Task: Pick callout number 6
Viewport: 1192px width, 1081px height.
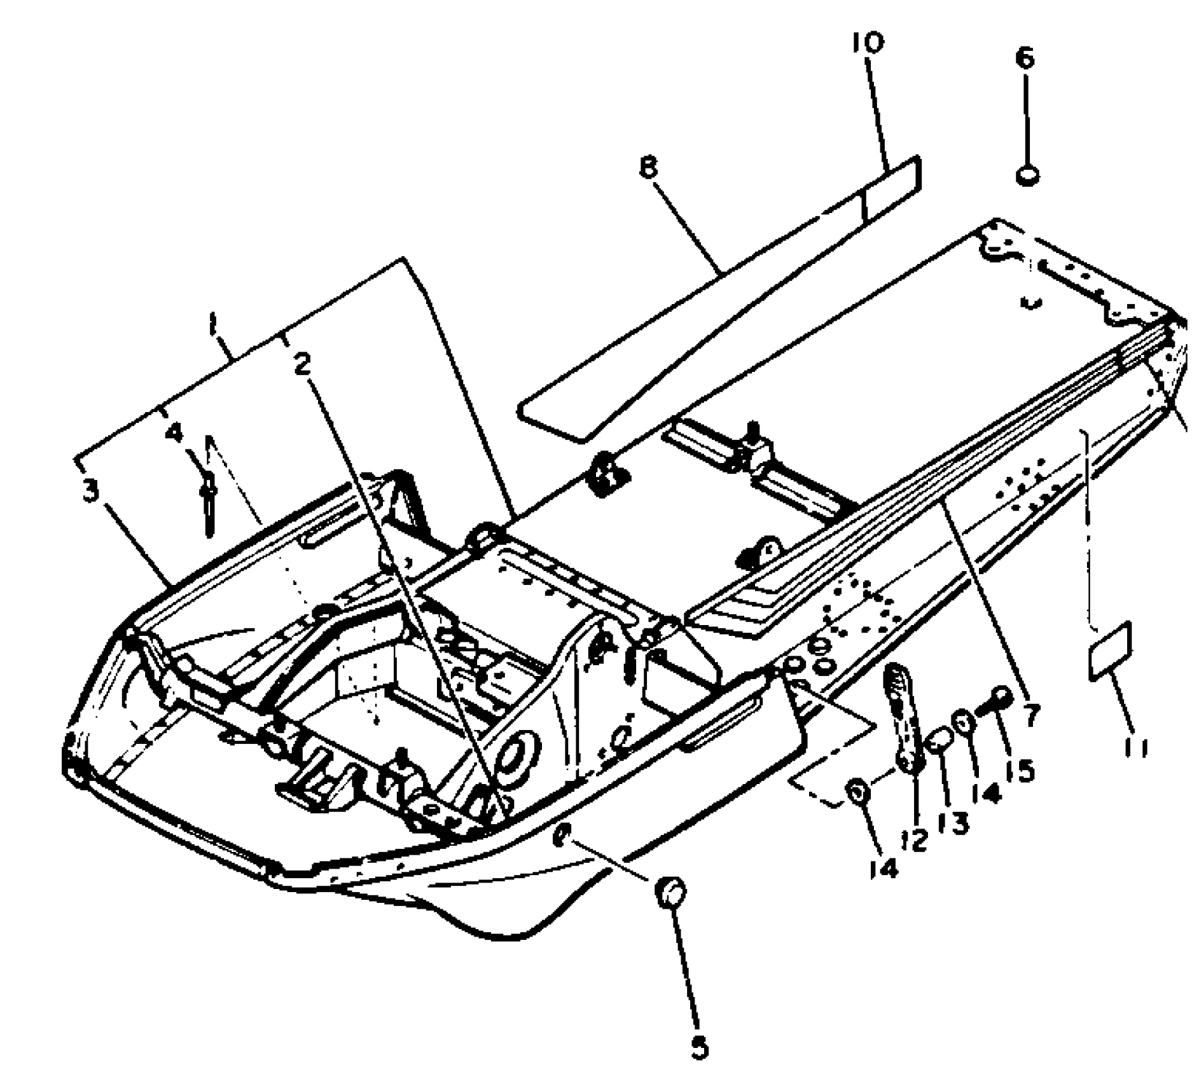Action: tap(1024, 58)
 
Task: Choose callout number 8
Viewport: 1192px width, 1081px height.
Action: tap(648, 169)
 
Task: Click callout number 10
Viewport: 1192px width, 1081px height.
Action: tap(868, 43)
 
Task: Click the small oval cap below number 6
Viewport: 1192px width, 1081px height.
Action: tap(1027, 175)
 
